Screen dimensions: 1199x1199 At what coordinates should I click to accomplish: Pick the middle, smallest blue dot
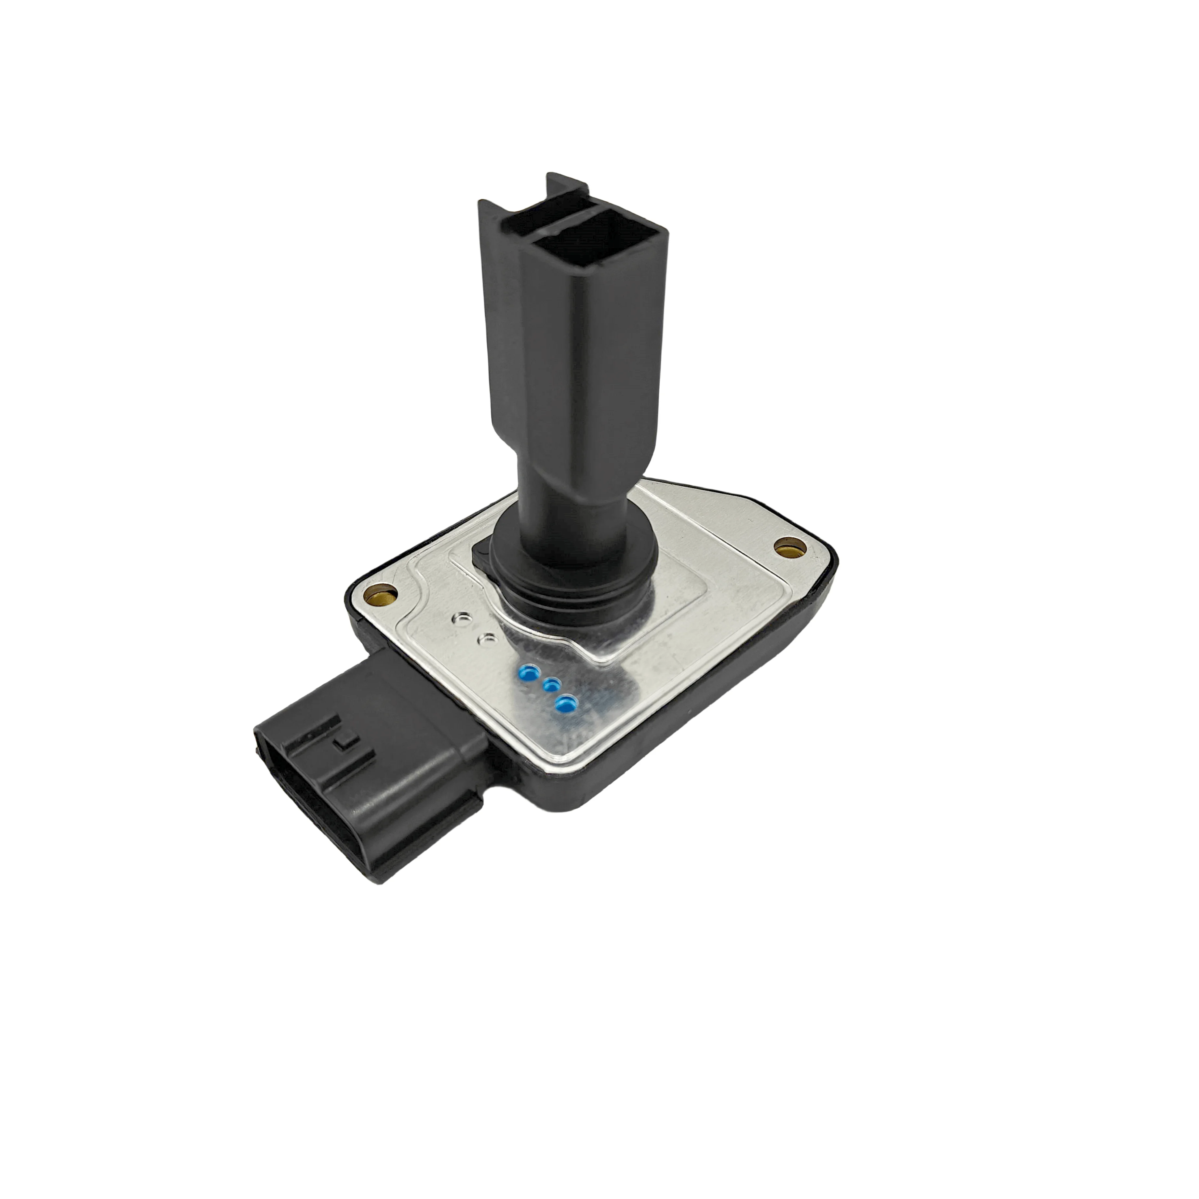tap(550, 685)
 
